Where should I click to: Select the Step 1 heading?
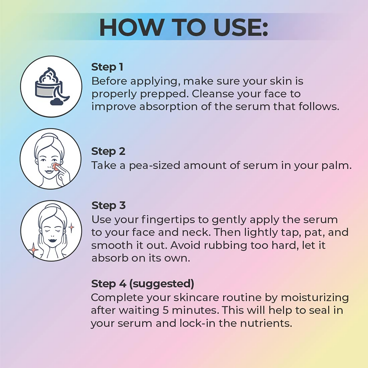click(107, 67)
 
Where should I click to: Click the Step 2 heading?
click(108, 151)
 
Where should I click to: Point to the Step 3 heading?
click(108, 205)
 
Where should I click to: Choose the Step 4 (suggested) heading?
click(143, 284)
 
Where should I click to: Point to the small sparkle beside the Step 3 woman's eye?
click(71, 228)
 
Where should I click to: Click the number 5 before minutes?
click(166, 310)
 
